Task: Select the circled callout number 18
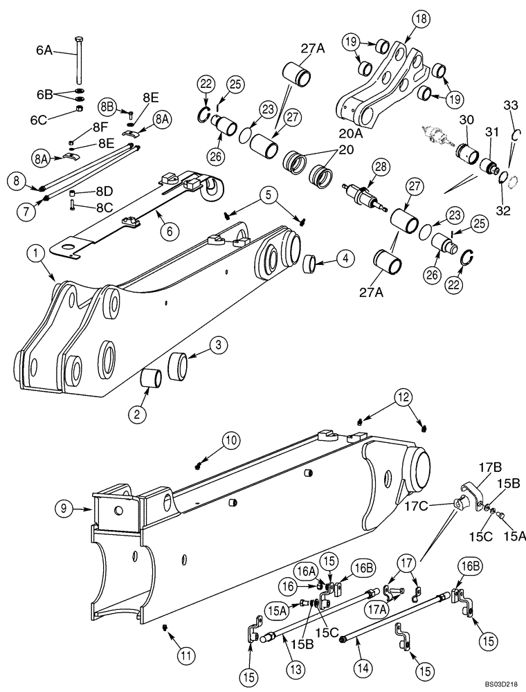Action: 403,19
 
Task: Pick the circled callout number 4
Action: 344,259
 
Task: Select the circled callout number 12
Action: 403,397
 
